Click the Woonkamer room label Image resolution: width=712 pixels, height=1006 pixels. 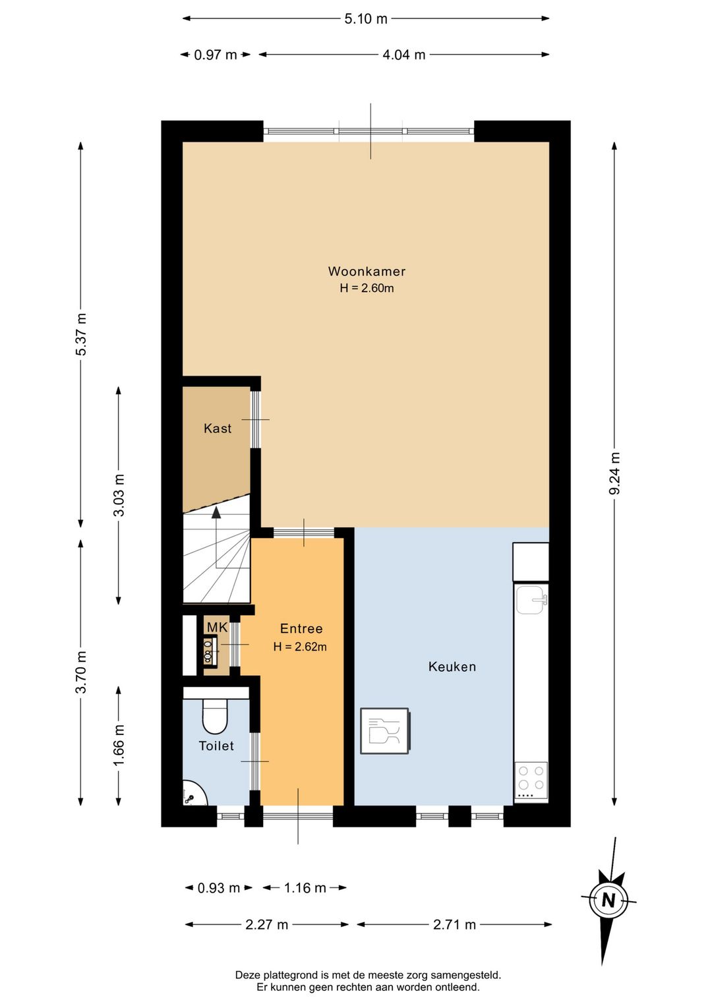click(367, 271)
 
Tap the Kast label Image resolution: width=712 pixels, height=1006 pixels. click(218, 429)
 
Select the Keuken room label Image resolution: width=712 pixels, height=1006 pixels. click(452, 666)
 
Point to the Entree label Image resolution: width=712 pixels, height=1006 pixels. click(301, 628)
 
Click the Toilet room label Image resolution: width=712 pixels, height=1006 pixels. click(216, 746)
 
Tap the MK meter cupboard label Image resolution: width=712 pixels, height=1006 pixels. click(218, 627)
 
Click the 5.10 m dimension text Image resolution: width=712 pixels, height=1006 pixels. click(366, 19)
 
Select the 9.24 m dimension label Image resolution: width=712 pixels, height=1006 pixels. click(614, 473)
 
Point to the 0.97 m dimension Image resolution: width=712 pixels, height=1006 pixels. click(215, 55)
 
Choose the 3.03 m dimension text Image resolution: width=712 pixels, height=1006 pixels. click(119, 495)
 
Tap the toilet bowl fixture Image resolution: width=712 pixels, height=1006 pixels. click(215, 717)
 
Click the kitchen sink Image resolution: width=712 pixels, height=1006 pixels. click(531, 600)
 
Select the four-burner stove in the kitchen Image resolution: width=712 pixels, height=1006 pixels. click(531, 781)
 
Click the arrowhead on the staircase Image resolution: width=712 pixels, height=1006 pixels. click(216, 512)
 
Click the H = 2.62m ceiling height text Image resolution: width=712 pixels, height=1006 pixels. click(300, 647)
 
